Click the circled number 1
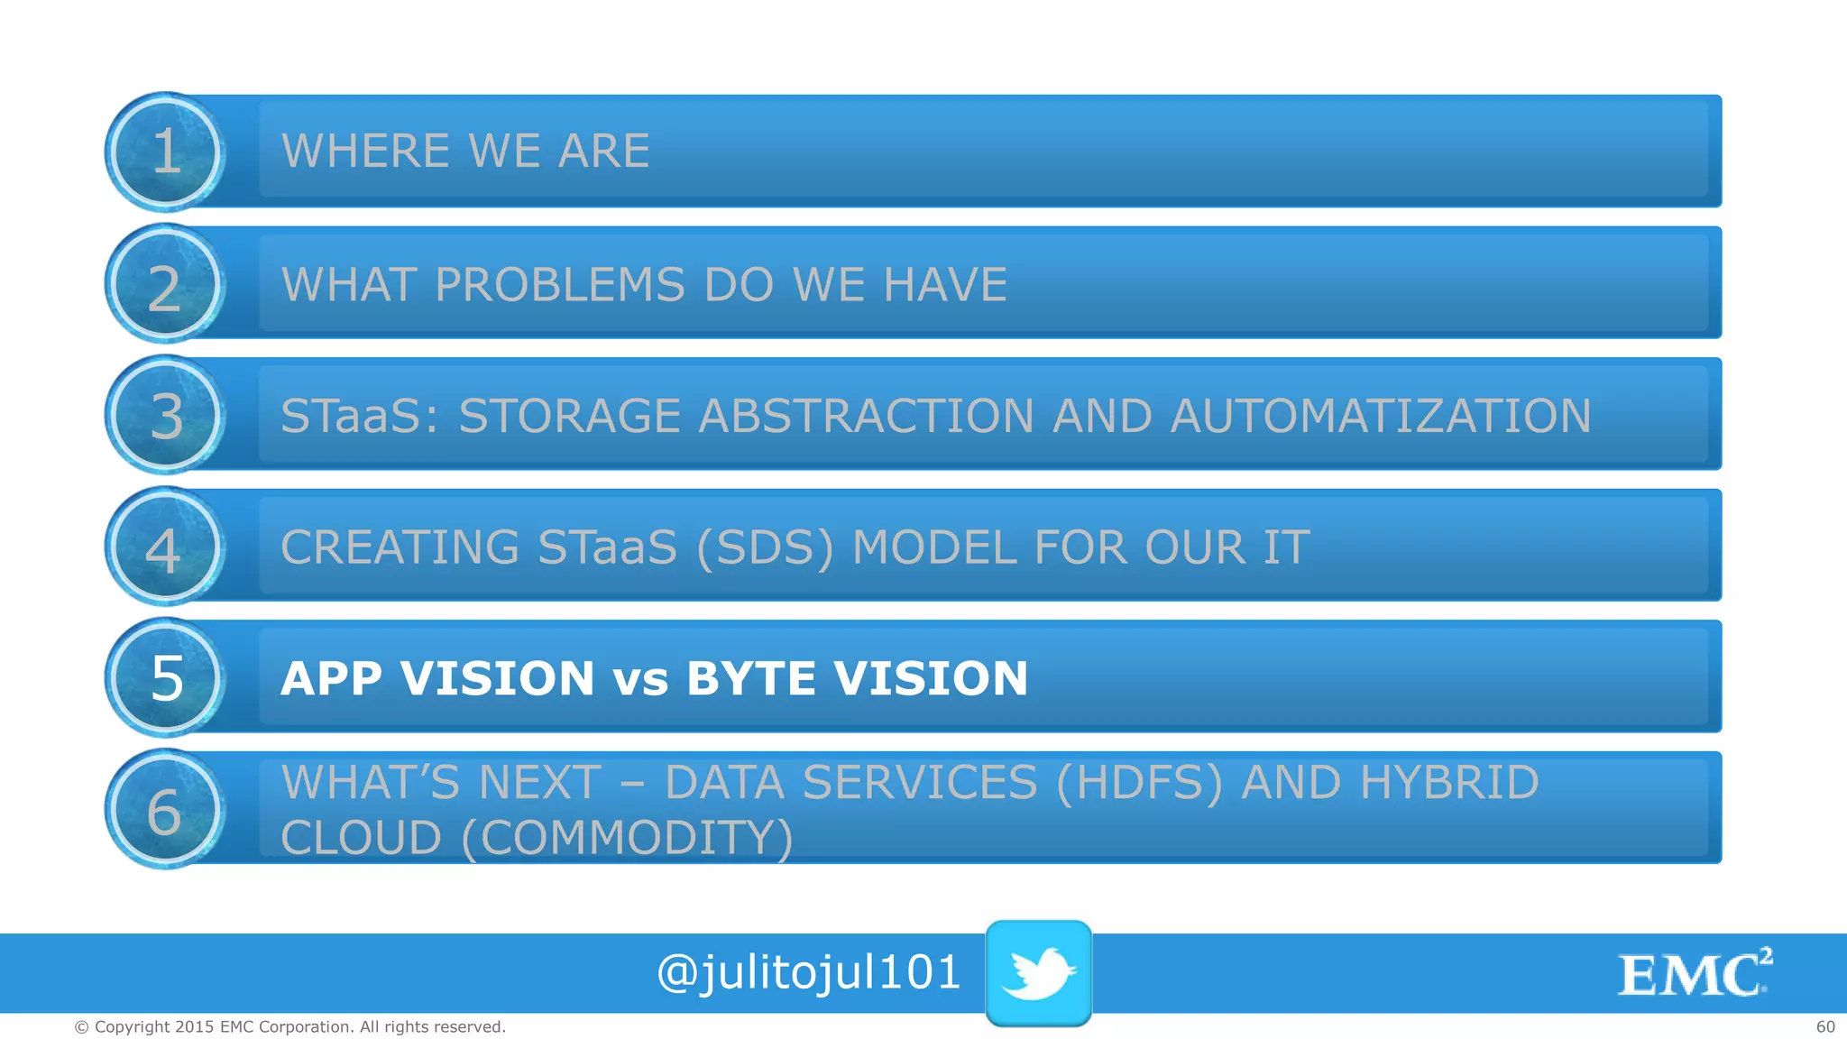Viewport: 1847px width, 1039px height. (165, 152)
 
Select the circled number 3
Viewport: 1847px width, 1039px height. (165, 416)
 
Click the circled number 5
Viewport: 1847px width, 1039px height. (165, 678)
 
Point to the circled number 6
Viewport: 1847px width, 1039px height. (165, 811)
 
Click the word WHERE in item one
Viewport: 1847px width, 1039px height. (365, 151)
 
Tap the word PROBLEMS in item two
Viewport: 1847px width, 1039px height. (559, 285)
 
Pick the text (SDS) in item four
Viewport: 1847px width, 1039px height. (765, 547)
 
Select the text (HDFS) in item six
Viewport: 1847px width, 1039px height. (1138, 782)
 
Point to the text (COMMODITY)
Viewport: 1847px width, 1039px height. (627, 838)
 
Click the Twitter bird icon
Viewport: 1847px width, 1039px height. (1038, 972)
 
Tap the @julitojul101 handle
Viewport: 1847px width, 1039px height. (808, 972)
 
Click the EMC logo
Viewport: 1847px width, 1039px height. (1694, 973)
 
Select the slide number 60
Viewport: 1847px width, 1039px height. (1824, 1026)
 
